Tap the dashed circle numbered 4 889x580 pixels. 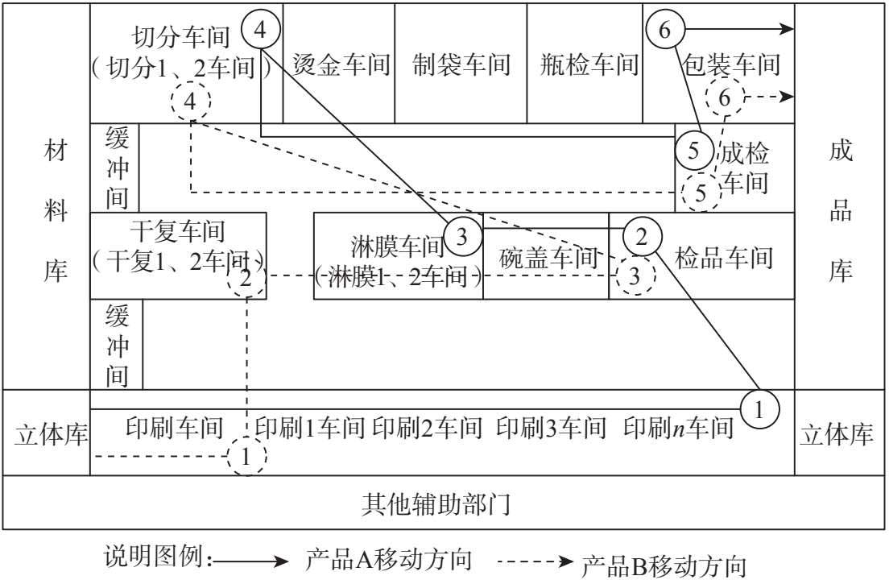(191, 101)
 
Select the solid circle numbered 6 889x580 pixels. (664, 31)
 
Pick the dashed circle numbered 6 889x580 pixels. (725, 98)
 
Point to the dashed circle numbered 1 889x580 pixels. (246, 457)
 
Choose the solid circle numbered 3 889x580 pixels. (461, 236)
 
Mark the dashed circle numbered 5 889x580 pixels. (701, 193)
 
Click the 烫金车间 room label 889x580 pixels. (341, 64)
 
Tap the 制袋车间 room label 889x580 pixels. (461, 64)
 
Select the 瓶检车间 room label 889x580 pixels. (589, 64)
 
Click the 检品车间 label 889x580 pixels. (723, 258)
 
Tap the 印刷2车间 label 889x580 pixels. (428, 428)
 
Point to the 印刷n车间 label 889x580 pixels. (678, 428)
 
